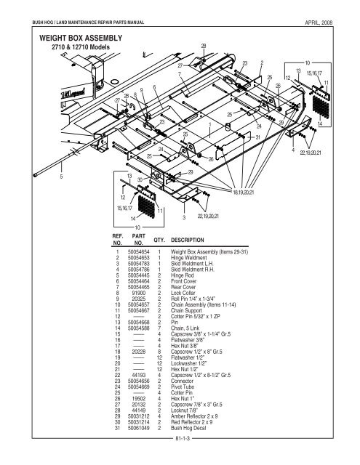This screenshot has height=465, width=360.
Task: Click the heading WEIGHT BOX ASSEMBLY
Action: (70, 36)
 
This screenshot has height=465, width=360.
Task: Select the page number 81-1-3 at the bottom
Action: (180, 460)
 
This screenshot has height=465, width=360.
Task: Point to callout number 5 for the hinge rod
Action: (62, 175)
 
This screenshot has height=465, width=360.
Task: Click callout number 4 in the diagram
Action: (292, 151)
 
